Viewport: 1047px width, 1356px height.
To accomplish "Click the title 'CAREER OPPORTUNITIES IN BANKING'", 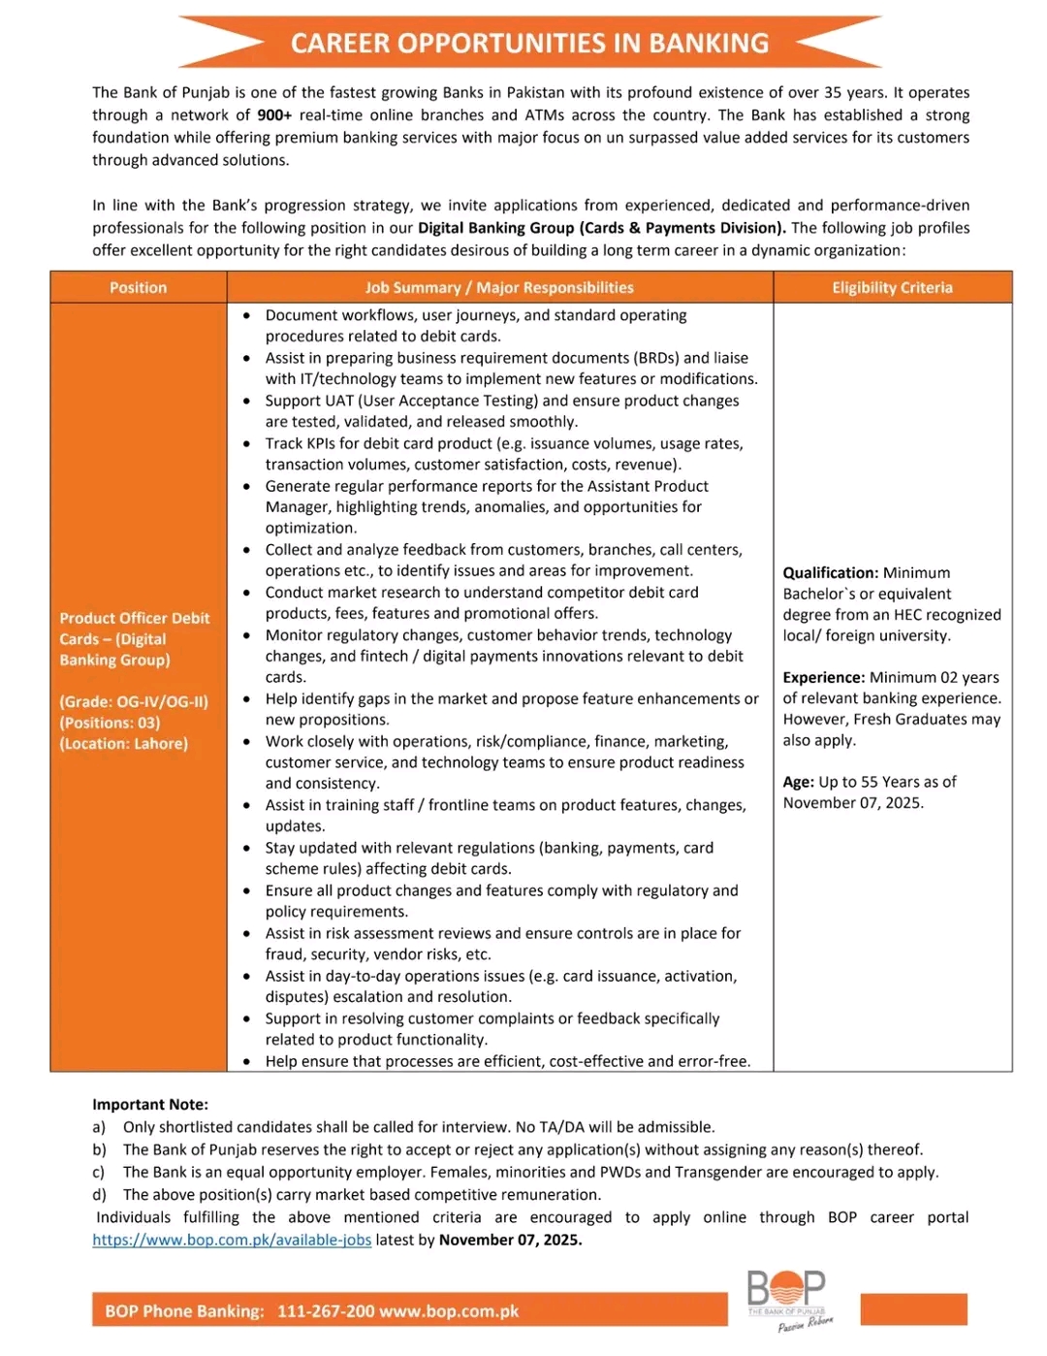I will tap(529, 44).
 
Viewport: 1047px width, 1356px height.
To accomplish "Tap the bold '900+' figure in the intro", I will tap(274, 115).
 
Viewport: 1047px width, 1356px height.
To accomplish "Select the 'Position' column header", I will tap(139, 288).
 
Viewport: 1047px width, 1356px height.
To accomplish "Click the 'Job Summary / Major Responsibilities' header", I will tap(499, 288).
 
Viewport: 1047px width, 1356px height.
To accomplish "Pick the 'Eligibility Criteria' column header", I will tap(892, 288).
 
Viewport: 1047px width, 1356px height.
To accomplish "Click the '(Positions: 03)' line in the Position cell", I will tap(110, 723).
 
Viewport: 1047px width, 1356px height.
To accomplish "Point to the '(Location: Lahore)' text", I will tap(124, 744).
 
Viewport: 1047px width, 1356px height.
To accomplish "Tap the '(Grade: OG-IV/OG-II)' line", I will tap(134, 701).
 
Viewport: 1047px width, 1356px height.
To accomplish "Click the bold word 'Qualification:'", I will tap(831, 573).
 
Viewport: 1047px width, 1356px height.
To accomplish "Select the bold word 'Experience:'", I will tap(824, 678).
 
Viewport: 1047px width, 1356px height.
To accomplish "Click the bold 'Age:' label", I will tap(799, 782).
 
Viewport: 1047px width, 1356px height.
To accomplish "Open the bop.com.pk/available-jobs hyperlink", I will tap(232, 1241).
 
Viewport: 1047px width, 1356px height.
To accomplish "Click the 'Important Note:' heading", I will tap(150, 1105).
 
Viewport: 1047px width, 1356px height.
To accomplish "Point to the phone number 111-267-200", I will tap(326, 1311).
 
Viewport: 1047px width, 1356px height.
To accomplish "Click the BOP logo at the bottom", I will tap(786, 1295).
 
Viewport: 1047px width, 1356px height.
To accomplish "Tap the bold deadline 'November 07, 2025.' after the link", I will tap(511, 1241).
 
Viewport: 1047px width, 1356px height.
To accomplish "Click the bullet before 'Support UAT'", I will tap(248, 402).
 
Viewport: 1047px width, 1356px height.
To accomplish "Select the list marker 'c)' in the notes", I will tap(99, 1173).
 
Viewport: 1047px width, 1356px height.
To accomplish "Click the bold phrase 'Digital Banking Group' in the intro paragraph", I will tap(496, 228).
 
